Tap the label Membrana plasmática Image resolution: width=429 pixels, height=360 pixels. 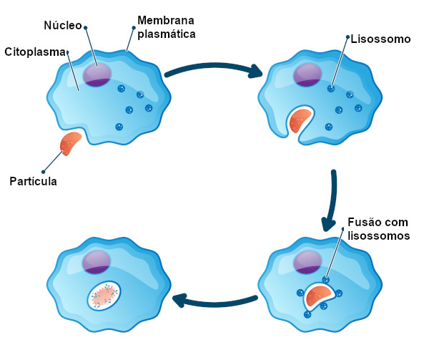(167, 27)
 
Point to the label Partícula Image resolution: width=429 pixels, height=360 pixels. (33, 181)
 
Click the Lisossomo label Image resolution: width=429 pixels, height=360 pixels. (380, 39)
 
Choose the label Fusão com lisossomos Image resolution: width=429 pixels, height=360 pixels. (378, 228)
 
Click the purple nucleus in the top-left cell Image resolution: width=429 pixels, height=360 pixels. (97, 74)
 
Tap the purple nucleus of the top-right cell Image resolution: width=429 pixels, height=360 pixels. (307, 75)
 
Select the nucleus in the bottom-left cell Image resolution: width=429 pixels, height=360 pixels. (96, 262)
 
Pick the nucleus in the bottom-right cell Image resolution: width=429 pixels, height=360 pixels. (307, 262)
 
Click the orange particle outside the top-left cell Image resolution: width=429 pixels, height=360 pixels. (70, 142)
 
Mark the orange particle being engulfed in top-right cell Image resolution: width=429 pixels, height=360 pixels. (301, 120)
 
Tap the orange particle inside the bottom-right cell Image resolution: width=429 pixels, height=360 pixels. (320, 293)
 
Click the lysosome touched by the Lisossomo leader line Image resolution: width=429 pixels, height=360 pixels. (331, 89)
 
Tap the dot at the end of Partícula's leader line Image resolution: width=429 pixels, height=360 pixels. (44, 172)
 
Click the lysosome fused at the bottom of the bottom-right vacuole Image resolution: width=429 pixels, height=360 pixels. (307, 313)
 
